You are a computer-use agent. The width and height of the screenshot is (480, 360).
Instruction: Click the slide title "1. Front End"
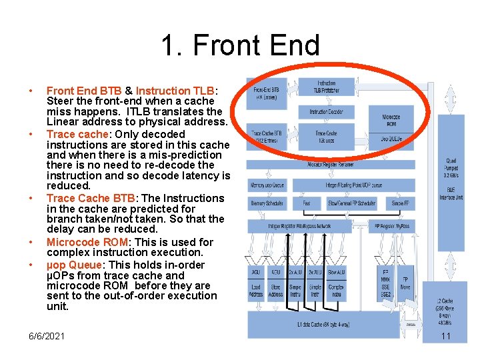pyautogui.click(x=240, y=46)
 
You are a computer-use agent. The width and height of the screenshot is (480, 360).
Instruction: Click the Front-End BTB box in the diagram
pyautogui.click(x=267, y=93)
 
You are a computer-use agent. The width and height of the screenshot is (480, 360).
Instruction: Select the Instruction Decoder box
pyautogui.click(x=326, y=111)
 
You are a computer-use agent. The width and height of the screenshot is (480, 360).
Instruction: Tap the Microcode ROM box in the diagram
pyautogui.click(x=391, y=121)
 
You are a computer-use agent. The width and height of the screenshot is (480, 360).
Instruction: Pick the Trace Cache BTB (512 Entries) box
pyautogui.click(x=267, y=137)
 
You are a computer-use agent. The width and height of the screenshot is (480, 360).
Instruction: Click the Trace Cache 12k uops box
pyautogui.click(x=326, y=137)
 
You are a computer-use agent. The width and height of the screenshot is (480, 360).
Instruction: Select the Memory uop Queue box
pyautogui.click(x=267, y=184)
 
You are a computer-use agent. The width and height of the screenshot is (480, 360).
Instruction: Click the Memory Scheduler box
pyautogui.click(x=267, y=203)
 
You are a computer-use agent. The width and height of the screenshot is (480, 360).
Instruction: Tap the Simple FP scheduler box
pyautogui.click(x=400, y=203)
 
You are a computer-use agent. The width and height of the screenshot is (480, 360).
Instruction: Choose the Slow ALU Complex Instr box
pyautogui.click(x=337, y=282)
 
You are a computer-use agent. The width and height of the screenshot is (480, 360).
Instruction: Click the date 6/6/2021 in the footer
pyautogui.click(x=47, y=336)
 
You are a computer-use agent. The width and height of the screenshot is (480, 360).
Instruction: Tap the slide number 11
pyautogui.click(x=446, y=336)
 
